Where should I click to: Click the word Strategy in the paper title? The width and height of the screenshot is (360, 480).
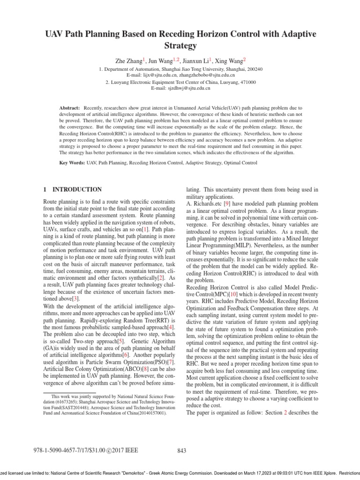pos(180,46)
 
